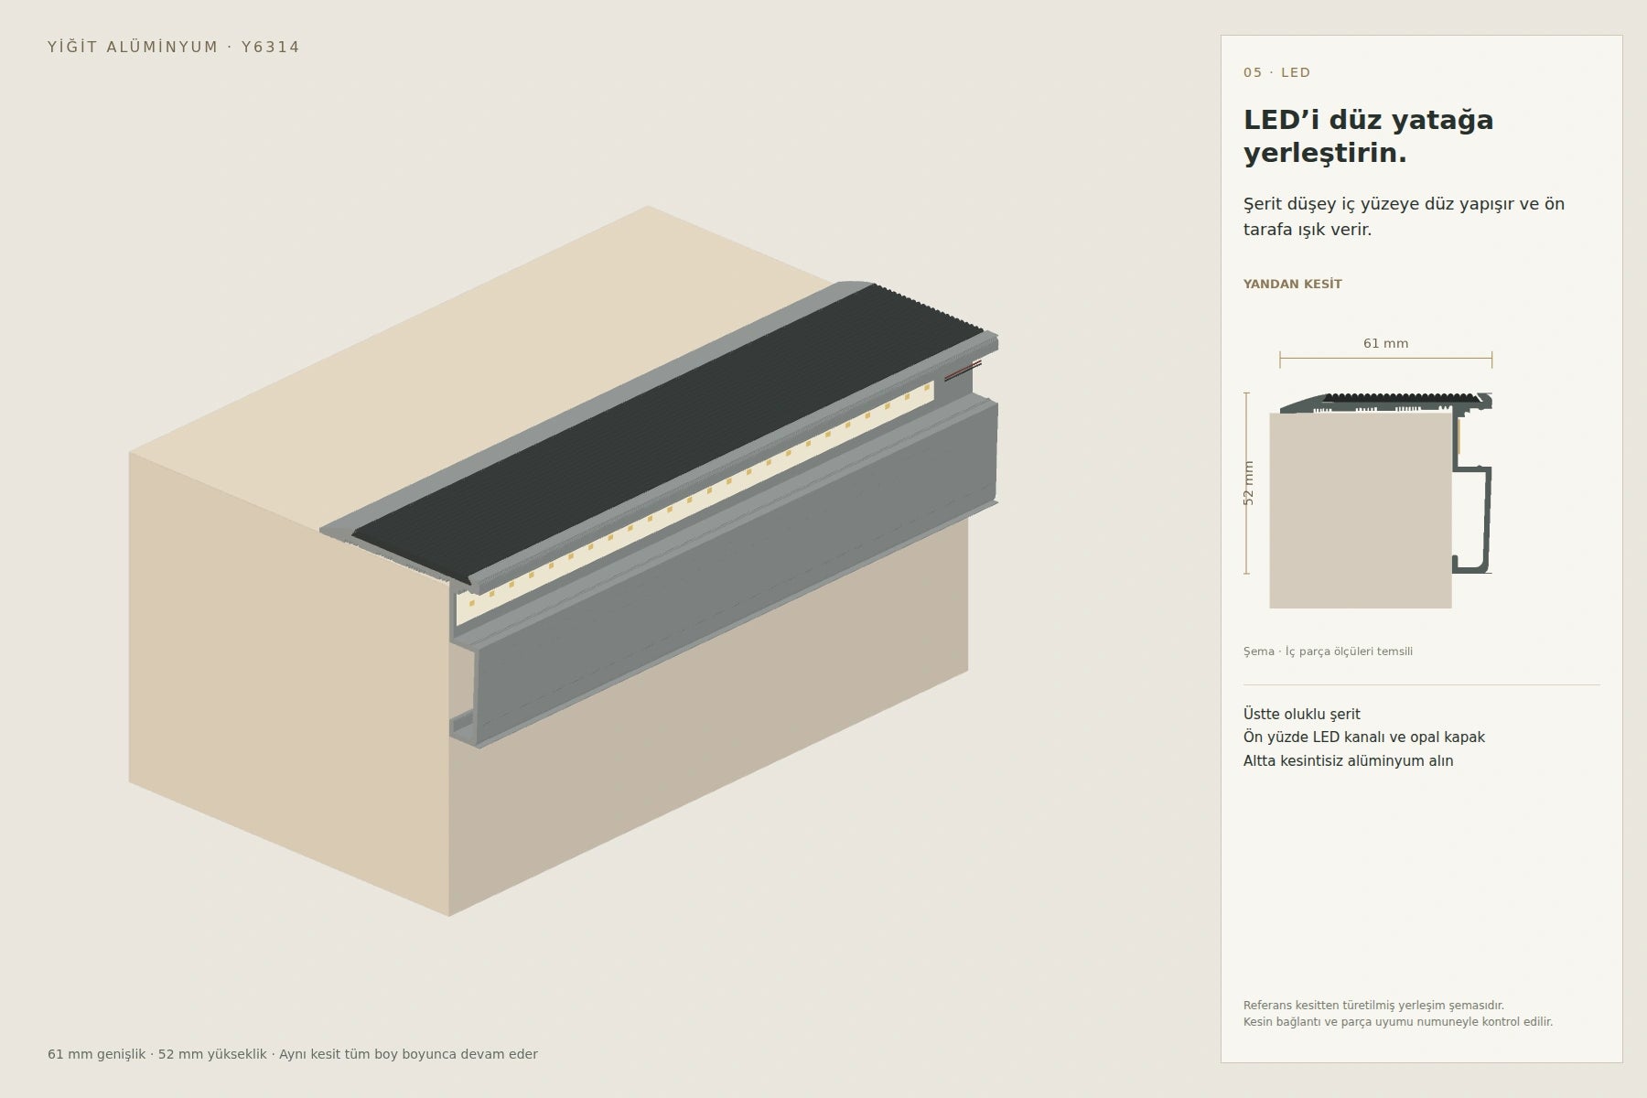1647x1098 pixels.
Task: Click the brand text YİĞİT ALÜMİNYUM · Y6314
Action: tap(174, 47)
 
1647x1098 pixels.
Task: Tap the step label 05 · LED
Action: tap(1276, 72)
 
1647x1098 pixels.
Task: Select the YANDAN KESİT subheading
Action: tap(1292, 284)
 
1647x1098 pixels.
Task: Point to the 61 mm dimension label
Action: tap(1385, 343)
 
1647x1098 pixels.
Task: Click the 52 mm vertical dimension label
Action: tap(1249, 482)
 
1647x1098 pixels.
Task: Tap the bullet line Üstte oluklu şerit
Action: tap(1301, 714)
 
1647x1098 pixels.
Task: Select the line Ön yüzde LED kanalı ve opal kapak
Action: tap(1363, 737)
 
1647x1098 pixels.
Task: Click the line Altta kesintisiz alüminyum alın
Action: tap(1348, 760)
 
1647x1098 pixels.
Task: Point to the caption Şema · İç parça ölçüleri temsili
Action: tap(1328, 651)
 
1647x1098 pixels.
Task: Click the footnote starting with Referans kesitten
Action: tap(1397, 1014)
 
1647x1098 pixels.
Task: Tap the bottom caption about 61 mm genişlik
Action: tap(293, 1054)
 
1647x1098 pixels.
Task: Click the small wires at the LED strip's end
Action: tap(963, 370)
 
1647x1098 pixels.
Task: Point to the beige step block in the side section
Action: tap(1361, 511)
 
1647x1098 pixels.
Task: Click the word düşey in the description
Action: tap(1314, 204)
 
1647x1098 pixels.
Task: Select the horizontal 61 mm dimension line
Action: tap(1385, 359)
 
